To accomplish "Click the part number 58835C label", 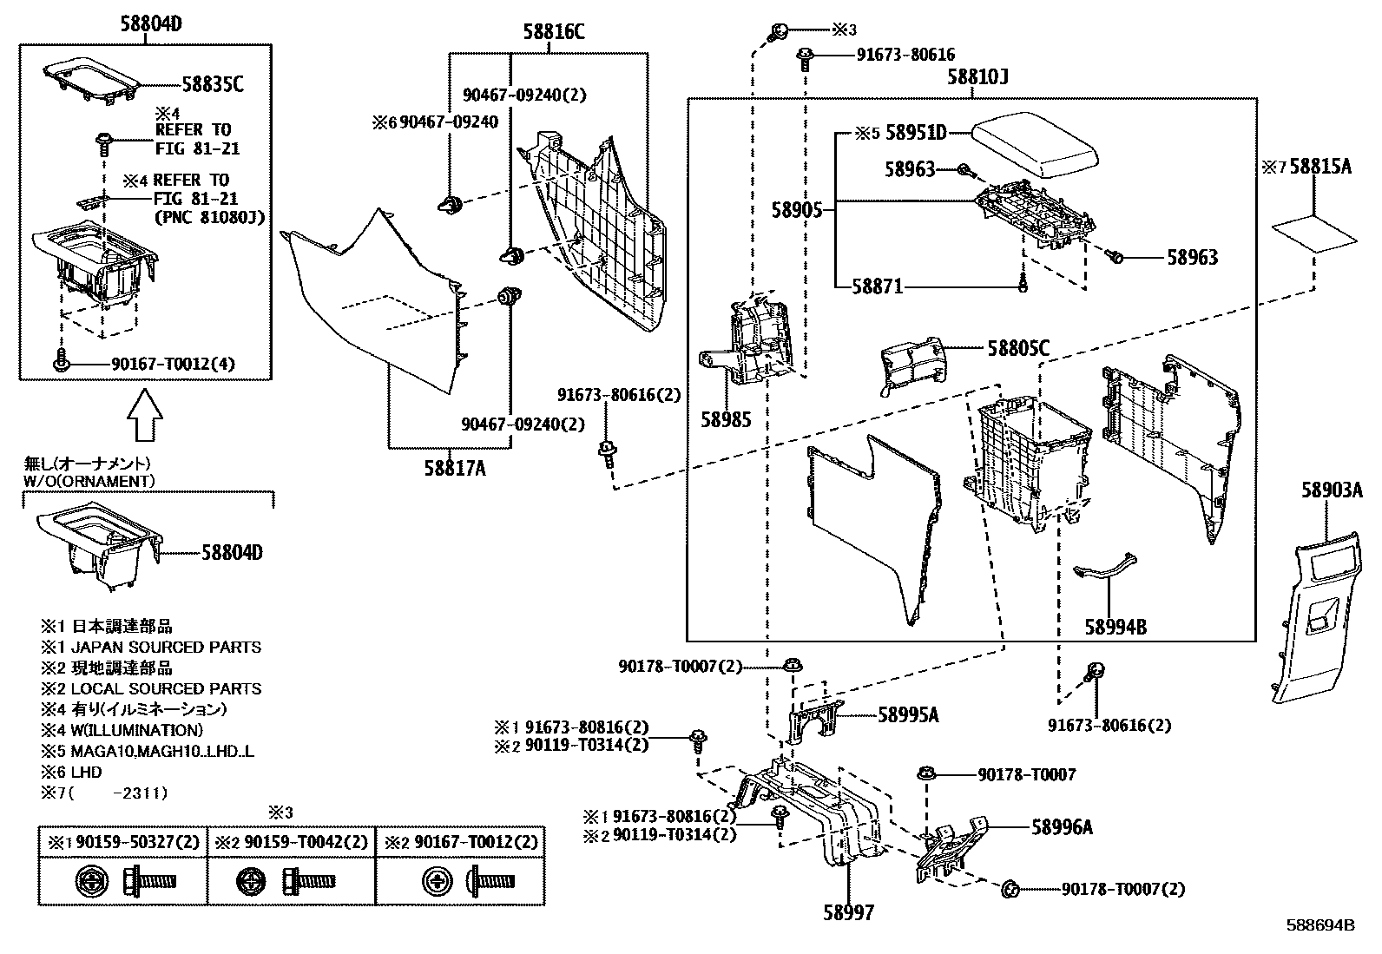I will (x=212, y=84).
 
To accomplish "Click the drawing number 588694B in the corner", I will (x=1319, y=925).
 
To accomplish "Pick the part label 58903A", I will (x=1331, y=490).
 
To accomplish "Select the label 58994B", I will (x=1115, y=626).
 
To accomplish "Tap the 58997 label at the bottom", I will (x=848, y=912).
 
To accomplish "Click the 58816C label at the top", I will (x=553, y=33).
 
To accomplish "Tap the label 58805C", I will (x=1018, y=349).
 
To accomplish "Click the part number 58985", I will (x=726, y=419).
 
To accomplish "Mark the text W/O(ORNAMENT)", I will (x=89, y=480).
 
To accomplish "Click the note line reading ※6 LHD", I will (x=71, y=772).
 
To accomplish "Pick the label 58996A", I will (x=1062, y=827).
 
